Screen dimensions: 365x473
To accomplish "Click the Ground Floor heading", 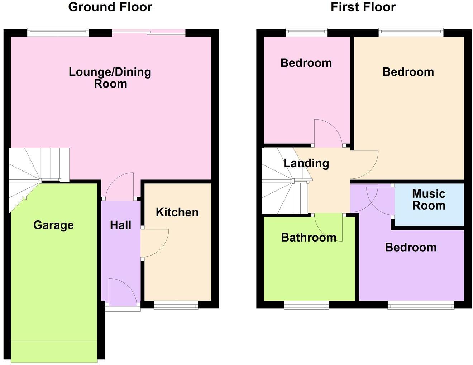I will [110, 7].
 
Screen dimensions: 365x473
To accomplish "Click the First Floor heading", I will [363, 7].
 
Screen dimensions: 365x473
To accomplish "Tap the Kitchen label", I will [177, 212].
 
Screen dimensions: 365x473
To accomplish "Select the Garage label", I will [53, 225].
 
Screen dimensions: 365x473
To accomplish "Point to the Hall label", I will [120, 225].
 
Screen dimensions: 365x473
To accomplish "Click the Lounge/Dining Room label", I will [110, 78].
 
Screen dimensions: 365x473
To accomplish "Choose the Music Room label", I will [429, 200].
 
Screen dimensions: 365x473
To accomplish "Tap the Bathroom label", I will [309, 237].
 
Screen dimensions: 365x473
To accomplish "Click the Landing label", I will [306, 163].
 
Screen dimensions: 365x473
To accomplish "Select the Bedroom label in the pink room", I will [306, 63].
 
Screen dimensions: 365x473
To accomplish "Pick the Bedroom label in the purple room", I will [411, 247].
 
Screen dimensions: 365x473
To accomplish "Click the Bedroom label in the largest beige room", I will [408, 72].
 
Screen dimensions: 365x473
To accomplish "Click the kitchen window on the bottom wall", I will [176, 305].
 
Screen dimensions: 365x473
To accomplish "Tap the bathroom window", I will [306, 305].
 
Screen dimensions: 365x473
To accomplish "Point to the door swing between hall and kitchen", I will [154, 243].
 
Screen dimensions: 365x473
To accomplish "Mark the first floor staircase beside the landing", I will [283, 183].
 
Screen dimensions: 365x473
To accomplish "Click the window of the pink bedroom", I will [306, 33].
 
